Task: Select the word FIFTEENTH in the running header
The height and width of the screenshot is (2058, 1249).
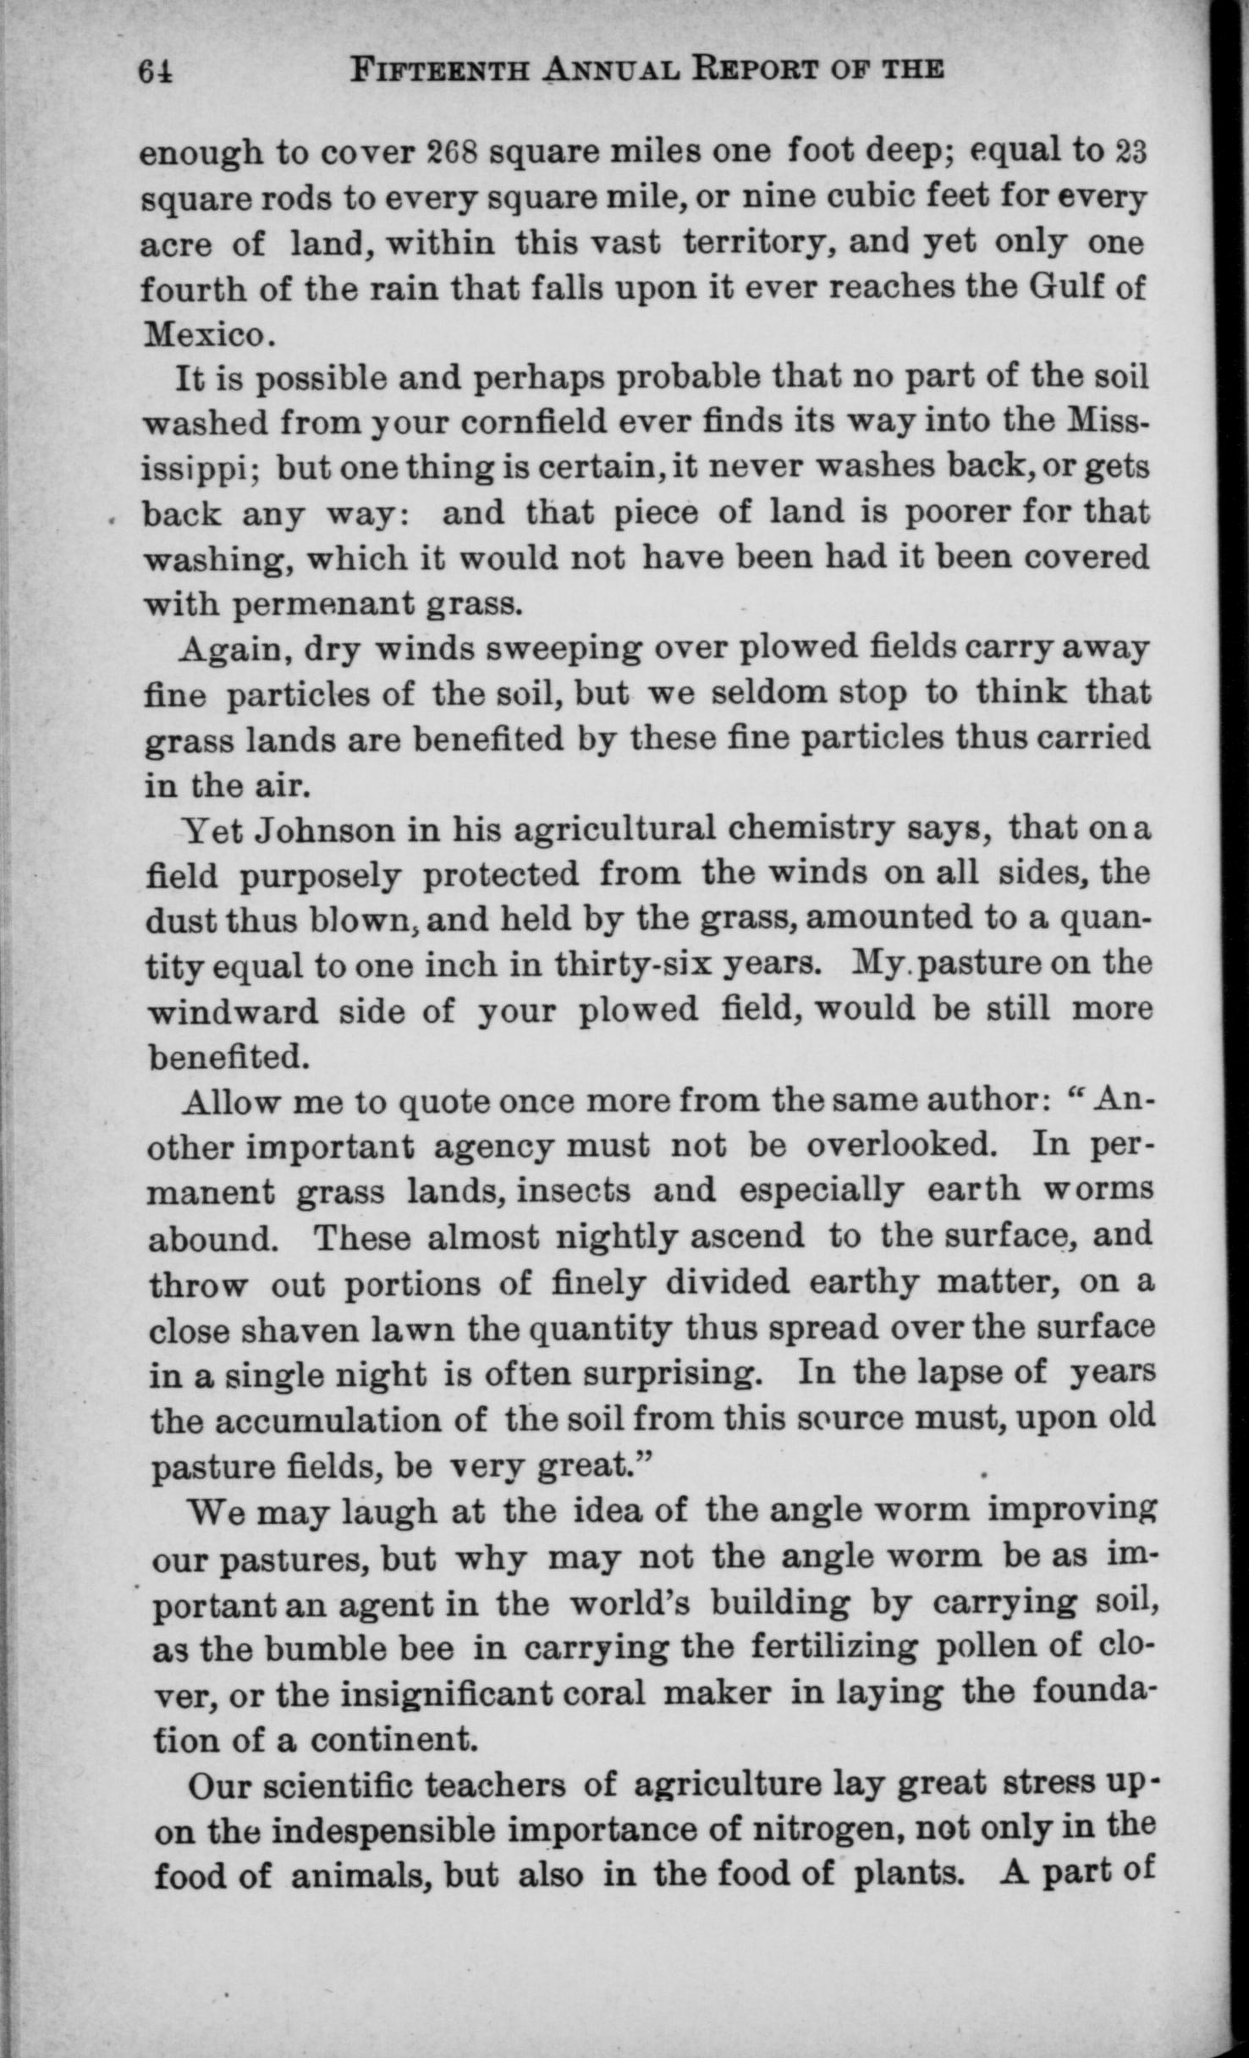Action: pyautogui.click(x=441, y=69)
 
